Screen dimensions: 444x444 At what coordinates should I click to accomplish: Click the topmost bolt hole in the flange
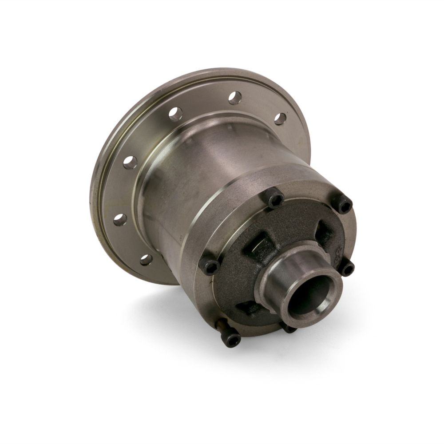pyautogui.click(x=235, y=97)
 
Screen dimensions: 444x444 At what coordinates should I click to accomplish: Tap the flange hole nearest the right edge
pyautogui.click(x=280, y=119)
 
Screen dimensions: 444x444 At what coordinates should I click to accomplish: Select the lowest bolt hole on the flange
pyautogui.click(x=146, y=260)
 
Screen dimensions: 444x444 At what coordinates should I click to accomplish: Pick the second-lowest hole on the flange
pyautogui.click(x=119, y=219)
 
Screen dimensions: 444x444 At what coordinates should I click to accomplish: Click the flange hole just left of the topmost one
pyautogui.click(x=175, y=114)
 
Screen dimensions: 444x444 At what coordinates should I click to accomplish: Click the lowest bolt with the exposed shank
pyautogui.click(x=230, y=339)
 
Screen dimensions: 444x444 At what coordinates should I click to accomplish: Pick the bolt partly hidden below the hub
pyautogui.click(x=289, y=328)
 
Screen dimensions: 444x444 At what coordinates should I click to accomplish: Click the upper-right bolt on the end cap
pyautogui.click(x=345, y=205)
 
